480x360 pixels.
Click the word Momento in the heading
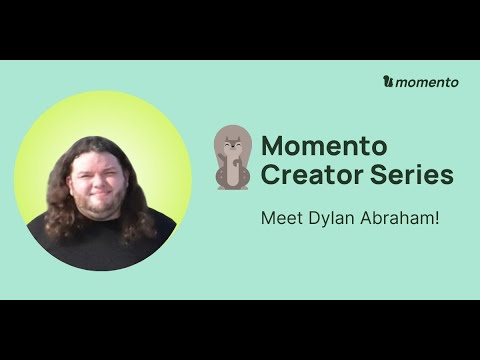(315, 145)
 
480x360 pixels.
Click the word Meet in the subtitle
(279, 216)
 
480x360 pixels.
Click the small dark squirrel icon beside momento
(388, 82)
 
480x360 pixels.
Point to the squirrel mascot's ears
(232, 133)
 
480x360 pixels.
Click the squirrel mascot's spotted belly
(232, 172)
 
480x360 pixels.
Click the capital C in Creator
(270, 175)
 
